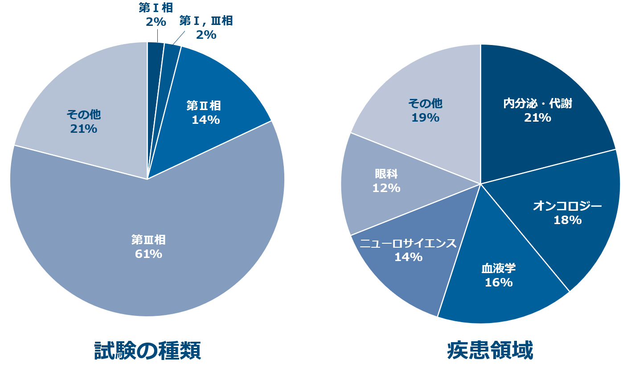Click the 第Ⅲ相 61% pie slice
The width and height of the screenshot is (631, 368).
[x=147, y=267]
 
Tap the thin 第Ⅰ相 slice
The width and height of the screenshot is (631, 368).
[x=155, y=58]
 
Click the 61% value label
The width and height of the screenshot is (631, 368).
[x=148, y=254]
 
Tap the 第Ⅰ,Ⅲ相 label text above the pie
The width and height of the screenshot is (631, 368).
[x=206, y=21]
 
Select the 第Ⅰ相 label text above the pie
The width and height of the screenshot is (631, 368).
[x=156, y=8]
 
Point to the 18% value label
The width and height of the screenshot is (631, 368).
[x=567, y=220]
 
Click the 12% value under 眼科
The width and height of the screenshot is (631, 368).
[x=386, y=188]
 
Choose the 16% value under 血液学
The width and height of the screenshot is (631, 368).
[x=498, y=282]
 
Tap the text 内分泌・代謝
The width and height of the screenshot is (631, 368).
[x=537, y=104]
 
